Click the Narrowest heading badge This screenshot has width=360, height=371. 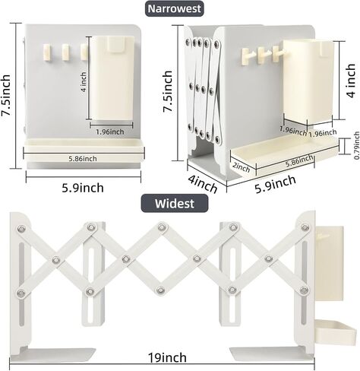click(x=175, y=9)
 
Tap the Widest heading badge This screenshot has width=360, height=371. click(x=175, y=203)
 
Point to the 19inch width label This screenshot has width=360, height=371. click(x=167, y=358)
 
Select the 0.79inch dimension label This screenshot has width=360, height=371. click(x=357, y=145)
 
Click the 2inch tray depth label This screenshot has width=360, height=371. click(x=242, y=167)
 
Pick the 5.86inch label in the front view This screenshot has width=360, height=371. click(x=83, y=159)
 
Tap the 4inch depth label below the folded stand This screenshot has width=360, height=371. click(x=203, y=184)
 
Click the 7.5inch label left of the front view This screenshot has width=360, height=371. click(x=7, y=95)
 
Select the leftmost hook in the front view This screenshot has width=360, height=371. click(x=47, y=52)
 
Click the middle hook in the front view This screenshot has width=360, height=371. click(x=65, y=52)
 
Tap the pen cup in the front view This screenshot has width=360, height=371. click(x=112, y=78)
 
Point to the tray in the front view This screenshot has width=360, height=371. click(x=84, y=150)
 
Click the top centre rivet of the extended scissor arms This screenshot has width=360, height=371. click(x=162, y=227)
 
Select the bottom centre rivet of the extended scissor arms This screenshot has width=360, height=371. click(x=160, y=290)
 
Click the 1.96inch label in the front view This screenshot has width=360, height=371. click(x=110, y=132)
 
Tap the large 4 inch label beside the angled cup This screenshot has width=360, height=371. click(x=351, y=81)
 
